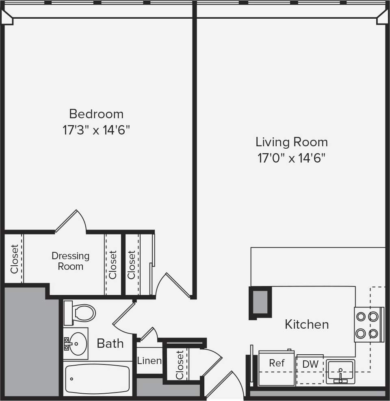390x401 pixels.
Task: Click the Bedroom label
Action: click(96, 113)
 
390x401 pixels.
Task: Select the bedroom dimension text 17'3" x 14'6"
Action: click(96, 130)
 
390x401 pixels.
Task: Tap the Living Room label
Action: click(291, 142)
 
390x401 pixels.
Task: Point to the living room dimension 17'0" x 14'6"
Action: click(291, 158)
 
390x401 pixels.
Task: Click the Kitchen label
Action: click(307, 324)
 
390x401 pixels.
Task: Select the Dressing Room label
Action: click(70, 261)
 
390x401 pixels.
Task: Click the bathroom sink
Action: click(76, 344)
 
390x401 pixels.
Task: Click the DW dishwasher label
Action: click(310, 364)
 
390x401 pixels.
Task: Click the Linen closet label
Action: click(149, 360)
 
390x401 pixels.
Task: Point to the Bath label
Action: click(110, 343)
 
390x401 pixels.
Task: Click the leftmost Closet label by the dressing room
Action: click(14, 259)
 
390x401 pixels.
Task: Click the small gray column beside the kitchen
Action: click(260, 302)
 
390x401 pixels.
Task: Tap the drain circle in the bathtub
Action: click(72, 379)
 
